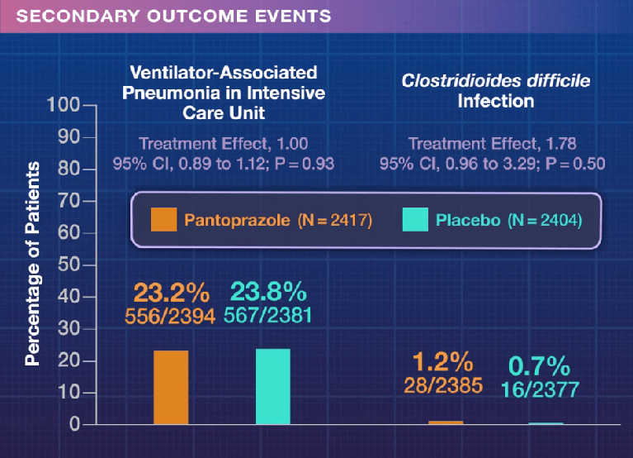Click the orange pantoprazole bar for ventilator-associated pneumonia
point(170,388)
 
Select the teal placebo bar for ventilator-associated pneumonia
point(272,387)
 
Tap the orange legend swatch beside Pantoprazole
point(163,220)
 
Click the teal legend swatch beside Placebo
point(415,220)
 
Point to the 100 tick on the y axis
point(63,106)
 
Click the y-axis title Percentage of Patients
point(32,264)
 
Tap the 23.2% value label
point(170,293)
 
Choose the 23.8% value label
point(268,293)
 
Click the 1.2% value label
point(442,362)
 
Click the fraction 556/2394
point(170,315)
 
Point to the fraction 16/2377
point(539,389)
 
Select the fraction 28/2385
point(442,384)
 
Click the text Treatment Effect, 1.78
point(492,143)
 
